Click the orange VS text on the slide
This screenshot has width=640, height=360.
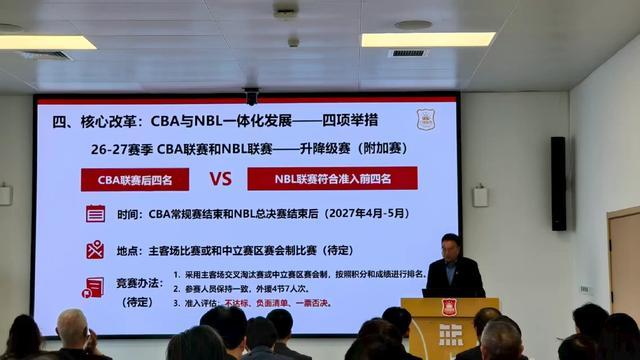220,179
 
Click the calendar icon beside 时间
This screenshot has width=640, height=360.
95,213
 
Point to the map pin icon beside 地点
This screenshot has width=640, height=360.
95,250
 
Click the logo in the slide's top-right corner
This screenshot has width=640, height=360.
426,119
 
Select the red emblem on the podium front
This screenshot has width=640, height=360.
449,307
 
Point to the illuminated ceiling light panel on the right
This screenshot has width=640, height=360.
427,39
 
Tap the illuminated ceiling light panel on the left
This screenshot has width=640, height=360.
47,42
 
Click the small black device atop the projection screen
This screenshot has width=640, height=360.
251,95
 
